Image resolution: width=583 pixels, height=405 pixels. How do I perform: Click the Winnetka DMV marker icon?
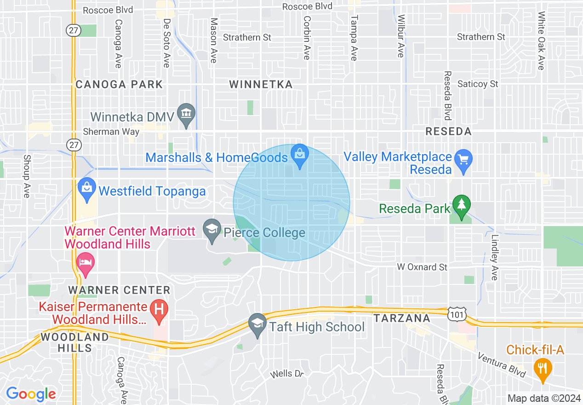186,115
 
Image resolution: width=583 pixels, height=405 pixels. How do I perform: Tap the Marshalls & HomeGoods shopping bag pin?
300,155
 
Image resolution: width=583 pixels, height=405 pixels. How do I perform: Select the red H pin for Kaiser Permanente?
160,310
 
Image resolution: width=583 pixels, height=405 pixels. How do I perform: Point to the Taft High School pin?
257,325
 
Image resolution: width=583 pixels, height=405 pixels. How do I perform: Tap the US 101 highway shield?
457,314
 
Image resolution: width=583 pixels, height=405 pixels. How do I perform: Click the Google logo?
31,394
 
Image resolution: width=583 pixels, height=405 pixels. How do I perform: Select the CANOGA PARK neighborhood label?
119,84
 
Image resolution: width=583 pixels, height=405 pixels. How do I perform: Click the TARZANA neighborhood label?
402,318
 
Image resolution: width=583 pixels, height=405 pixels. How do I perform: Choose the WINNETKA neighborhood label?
261,84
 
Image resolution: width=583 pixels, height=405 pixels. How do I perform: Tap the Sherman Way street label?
111,132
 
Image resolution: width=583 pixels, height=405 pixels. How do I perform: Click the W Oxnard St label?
422,267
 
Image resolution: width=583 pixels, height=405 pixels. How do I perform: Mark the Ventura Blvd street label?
501,365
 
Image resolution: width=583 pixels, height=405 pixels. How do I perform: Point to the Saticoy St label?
478,84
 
